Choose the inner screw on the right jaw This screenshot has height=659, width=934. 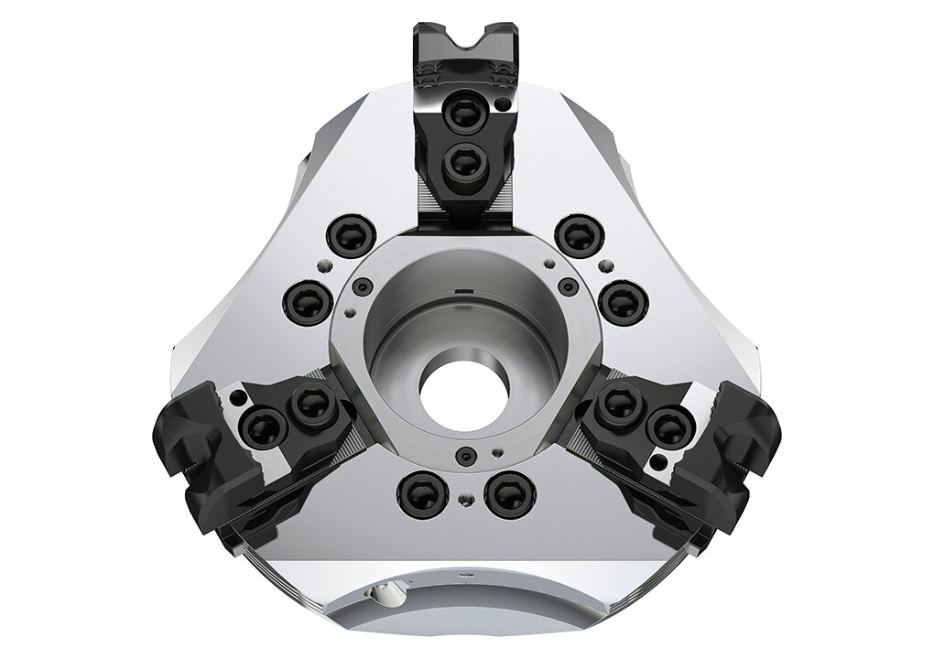(620, 402)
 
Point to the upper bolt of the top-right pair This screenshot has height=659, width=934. (579, 236)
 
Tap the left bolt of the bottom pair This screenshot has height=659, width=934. (419, 495)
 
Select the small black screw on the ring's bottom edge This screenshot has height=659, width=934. (467, 456)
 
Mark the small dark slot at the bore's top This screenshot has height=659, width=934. (463, 292)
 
